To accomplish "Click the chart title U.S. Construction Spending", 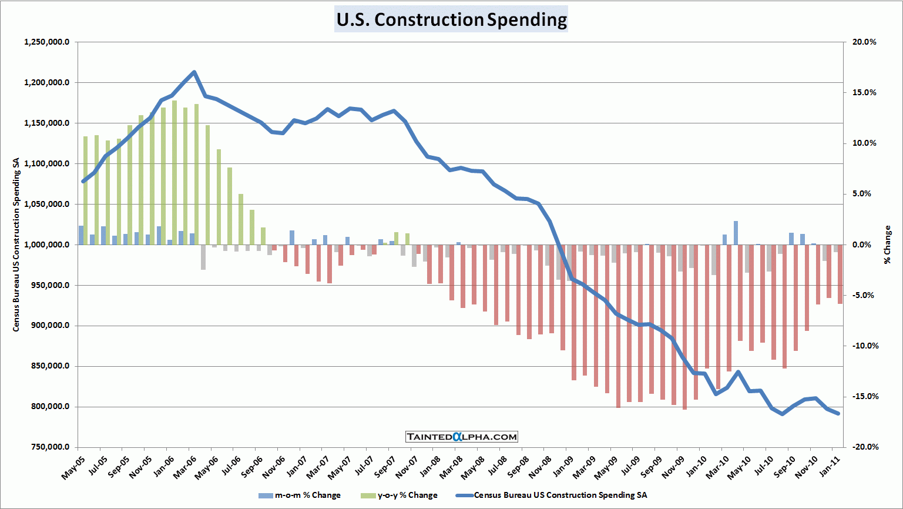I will pos(451,19).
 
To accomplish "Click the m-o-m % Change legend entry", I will pos(300,495).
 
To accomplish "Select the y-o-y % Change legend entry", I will pos(400,495).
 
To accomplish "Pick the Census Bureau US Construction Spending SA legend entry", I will pos(552,495).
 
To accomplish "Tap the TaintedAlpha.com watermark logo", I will pos(462,437).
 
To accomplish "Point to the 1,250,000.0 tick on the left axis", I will pos(47,42).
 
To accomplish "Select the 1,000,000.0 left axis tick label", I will pos(47,245).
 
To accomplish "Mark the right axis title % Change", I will pos(887,245).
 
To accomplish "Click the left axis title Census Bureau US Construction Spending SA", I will pos(16,245).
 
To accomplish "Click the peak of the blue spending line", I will pos(194,72).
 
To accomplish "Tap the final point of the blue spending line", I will pos(838,413).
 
